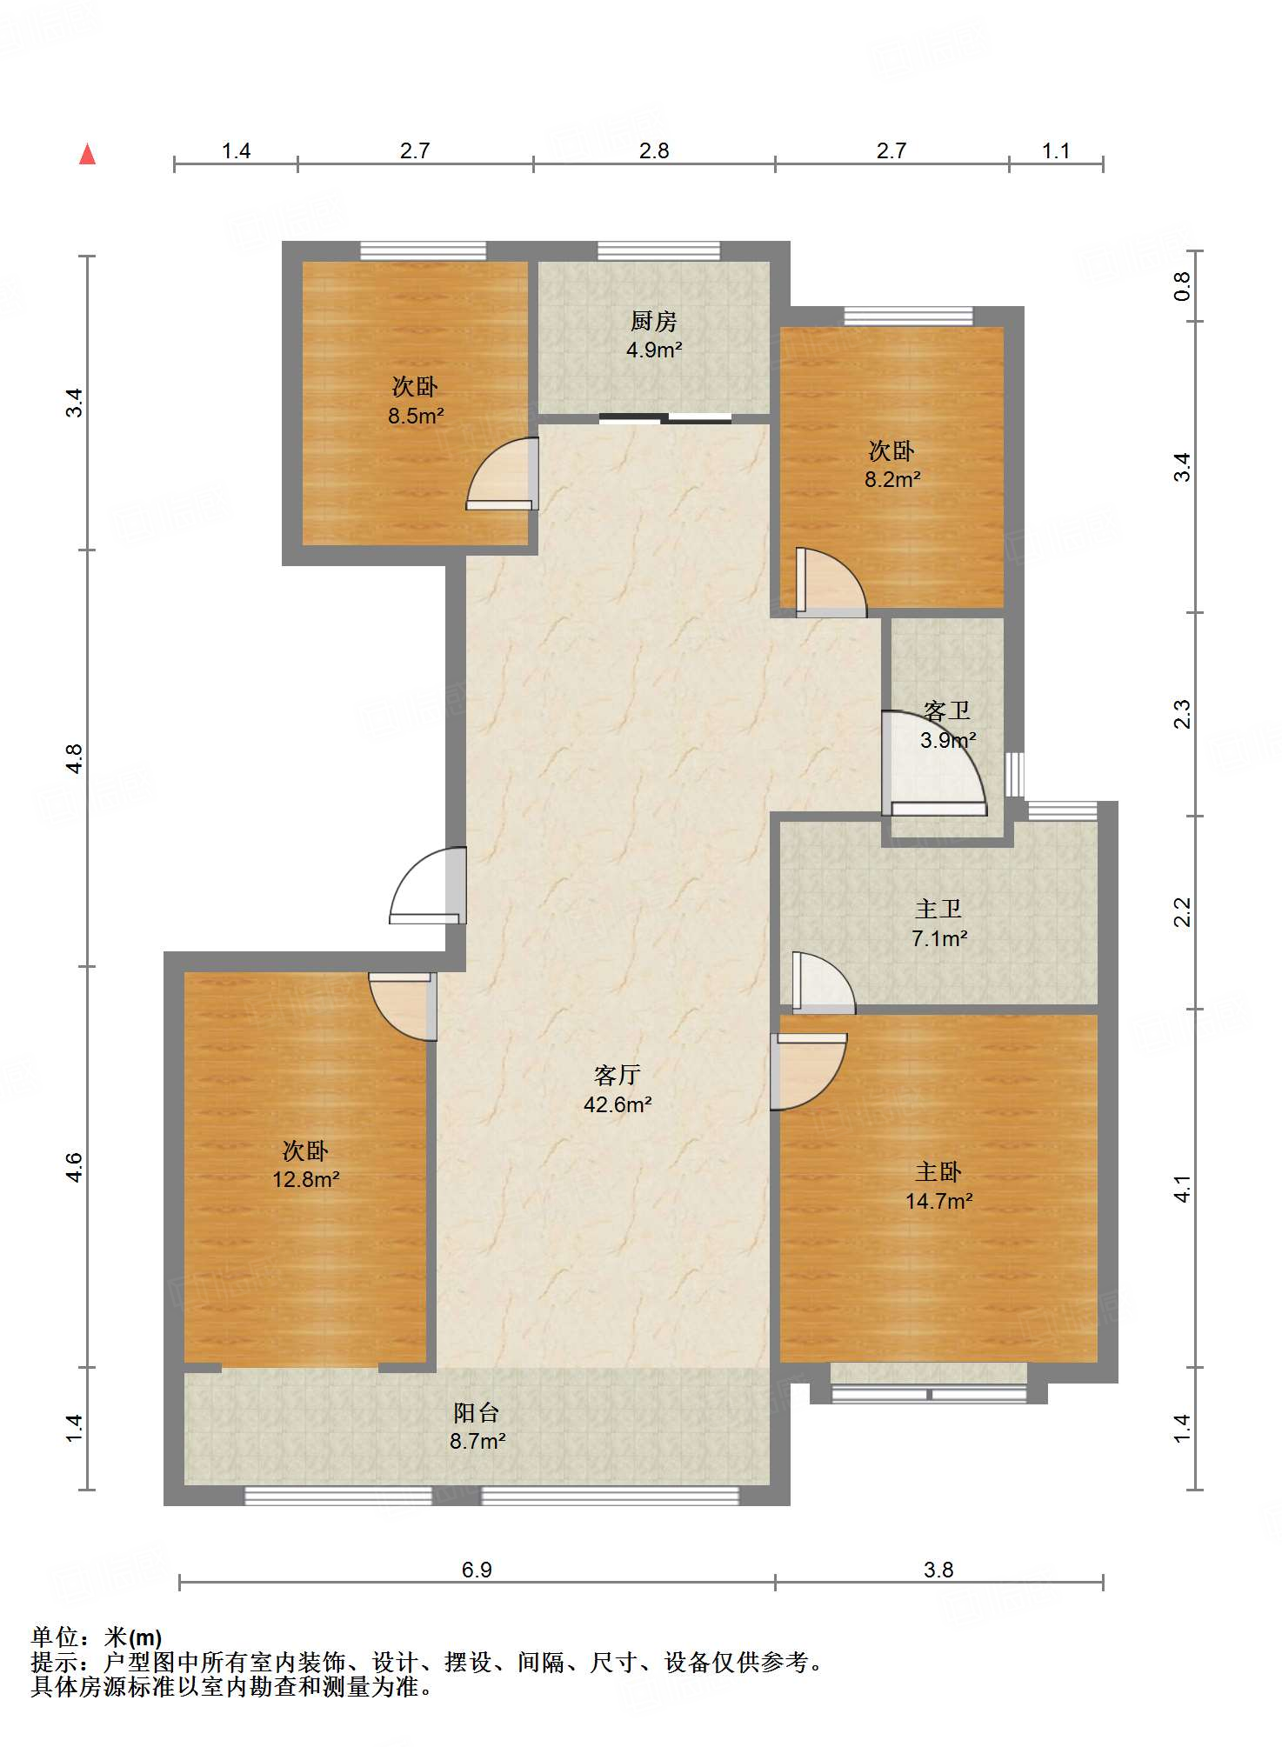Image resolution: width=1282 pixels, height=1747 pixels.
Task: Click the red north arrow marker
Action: pos(87,154)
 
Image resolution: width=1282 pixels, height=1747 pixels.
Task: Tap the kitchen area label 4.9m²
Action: pos(654,350)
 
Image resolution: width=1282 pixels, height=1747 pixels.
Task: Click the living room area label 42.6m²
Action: pos(618,1104)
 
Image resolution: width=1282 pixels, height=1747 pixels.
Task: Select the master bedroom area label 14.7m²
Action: pos(938,1201)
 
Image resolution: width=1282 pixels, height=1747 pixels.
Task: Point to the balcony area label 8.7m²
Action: pos(477,1441)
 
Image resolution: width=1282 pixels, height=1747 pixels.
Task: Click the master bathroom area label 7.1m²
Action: pos(939,938)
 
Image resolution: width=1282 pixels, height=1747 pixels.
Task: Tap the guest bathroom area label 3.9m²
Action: pos(948,740)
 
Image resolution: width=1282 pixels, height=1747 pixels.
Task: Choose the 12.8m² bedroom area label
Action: pos(305,1179)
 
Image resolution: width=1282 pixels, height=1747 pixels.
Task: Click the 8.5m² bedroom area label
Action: pos(416,416)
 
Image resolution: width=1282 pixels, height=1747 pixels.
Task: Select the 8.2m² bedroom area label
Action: pos(892,479)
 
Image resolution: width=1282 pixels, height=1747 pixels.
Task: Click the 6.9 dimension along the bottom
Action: pos(477,1570)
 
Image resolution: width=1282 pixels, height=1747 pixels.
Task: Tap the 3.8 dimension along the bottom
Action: pos(938,1570)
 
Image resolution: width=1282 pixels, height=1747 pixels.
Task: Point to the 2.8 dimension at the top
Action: pos(654,150)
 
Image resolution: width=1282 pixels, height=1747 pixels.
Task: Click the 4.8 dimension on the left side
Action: pos(75,758)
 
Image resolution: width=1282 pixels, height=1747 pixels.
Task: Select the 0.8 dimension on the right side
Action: pos(1182,286)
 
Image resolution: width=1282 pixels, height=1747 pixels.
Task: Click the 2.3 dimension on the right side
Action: pos(1182,715)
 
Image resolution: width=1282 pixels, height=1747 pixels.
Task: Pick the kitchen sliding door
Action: pos(665,419)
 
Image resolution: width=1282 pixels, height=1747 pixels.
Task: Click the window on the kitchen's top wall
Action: pos(658,251)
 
